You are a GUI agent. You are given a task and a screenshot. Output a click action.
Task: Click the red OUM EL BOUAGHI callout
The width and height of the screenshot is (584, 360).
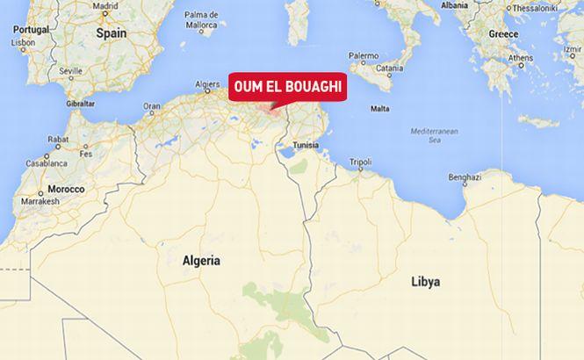288,88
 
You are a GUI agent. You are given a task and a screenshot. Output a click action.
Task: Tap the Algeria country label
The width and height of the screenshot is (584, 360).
201,261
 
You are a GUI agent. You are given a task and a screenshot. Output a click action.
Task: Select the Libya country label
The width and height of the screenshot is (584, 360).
425,282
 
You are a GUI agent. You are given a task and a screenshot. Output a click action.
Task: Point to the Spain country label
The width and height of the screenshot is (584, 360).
112,32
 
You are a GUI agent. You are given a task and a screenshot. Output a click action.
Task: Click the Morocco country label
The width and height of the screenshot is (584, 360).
66,189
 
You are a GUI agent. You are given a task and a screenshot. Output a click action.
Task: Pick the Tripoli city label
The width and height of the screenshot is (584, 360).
360,162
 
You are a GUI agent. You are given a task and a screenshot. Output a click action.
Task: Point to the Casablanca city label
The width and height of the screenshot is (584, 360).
45,163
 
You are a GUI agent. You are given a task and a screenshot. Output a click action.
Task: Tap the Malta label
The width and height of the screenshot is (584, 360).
380,109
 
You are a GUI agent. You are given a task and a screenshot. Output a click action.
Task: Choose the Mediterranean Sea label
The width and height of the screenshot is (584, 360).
435,134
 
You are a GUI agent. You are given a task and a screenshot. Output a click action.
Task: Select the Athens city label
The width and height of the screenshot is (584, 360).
520,59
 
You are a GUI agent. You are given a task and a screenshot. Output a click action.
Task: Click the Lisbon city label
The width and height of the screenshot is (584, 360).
24,41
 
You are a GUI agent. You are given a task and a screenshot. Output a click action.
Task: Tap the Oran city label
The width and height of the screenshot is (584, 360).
152,106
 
